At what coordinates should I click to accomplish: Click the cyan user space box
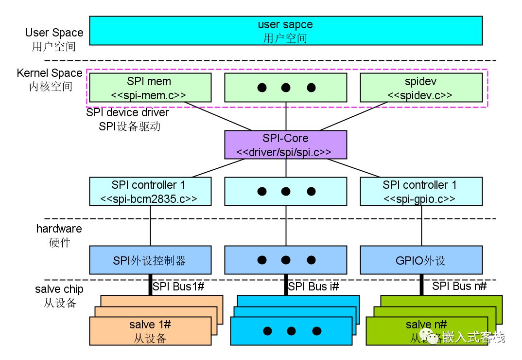(x=286, y=31)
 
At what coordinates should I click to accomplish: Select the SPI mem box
(x=150, y=88)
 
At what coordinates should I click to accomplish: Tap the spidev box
(x=421, y=88)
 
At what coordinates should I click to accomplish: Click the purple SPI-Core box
(x=285, y=144)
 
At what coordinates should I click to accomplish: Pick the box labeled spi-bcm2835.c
(x=150, y=191)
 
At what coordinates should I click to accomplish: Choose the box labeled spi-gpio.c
(x=421, y=191)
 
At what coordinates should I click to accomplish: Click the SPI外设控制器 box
(x=150, y=260)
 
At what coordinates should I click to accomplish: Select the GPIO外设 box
(x=421, y=260)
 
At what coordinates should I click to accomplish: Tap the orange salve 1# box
(x=150, y=331)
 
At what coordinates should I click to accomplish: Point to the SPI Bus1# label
(x=178, y=287)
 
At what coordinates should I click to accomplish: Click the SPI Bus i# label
(x=313, y=287)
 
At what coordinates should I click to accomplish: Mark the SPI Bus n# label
(x=459, y=286)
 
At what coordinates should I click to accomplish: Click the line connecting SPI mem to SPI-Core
(x=219, y=117)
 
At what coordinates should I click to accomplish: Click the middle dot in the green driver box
(x=286, y=88)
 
